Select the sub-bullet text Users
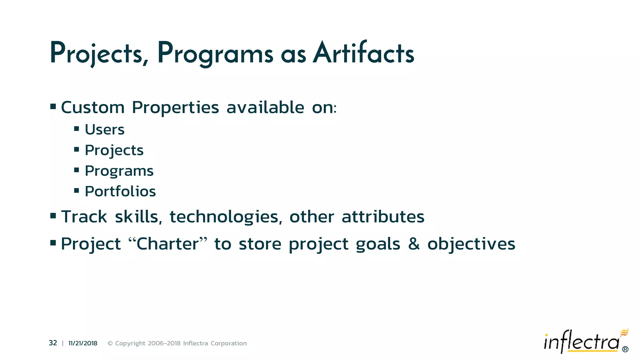(105, 130)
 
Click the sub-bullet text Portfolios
(120, 191)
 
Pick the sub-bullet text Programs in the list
(119, 171)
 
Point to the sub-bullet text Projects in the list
(114, 150)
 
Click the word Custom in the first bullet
(93, 107)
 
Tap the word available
(265, 107)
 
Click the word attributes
(383, 217)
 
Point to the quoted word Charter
(168, 244)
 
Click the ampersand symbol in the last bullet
(414, 243)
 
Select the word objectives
(471, 244)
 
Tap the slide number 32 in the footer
(53, 343)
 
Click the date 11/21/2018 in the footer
(83, 343)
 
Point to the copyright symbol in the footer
(110, 343)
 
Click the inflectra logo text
(581, 342)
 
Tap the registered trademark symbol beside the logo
(625, 349)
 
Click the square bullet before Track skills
(53, 215)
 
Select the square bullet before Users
(77, 128)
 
